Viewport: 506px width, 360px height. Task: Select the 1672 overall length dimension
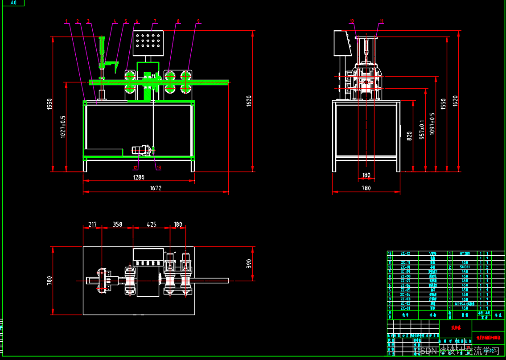[155, 188]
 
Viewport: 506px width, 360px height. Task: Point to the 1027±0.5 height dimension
[63, 127]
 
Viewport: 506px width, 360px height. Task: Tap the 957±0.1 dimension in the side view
[422, 130]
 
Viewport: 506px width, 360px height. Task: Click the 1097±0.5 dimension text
[432, 123]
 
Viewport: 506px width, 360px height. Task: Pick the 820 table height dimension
[410, 135]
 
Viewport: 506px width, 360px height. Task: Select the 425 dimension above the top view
[152, 225]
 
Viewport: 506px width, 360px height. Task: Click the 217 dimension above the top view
[92, 225]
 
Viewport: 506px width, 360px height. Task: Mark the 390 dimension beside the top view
[249, 264]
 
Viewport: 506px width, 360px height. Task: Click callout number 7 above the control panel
[155, 20]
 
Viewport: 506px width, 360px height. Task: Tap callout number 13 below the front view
[158, 168]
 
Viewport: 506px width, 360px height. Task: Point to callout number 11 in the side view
[382, 21]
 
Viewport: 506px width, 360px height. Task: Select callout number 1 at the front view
[66, 20]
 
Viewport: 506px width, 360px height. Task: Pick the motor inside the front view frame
[141, 151]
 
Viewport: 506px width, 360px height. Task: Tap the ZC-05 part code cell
[405, 290]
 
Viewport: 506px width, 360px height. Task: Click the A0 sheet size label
[13, 3]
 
